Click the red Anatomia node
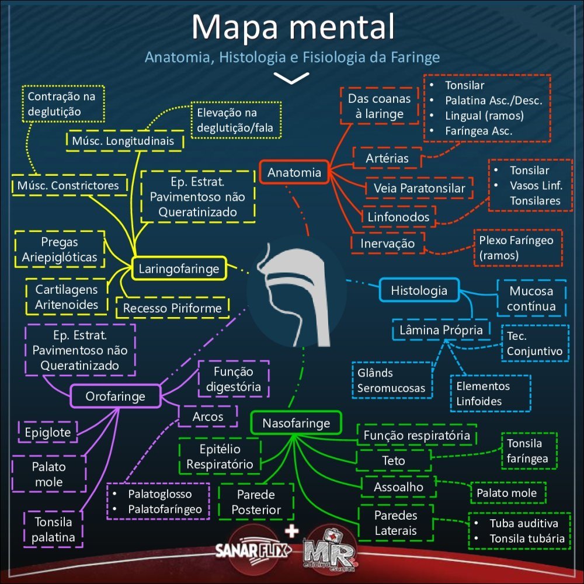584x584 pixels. (294, 172)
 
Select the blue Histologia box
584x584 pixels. (419, 290)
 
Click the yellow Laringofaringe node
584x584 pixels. (179, 269)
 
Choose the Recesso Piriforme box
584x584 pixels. (172, 308)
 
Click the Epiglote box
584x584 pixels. (48, 433)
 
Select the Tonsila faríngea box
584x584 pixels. (528, 451)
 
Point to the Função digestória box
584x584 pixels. (233, 379)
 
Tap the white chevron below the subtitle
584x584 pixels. (291, 78)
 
